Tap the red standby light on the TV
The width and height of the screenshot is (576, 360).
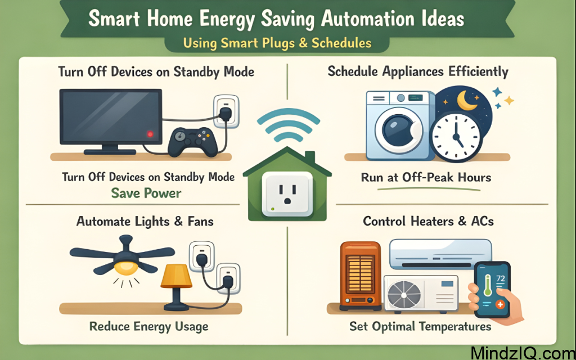pyautogui.click(x=150, y=134)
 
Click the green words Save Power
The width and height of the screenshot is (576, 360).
pyautogui.click(x=146, y=193)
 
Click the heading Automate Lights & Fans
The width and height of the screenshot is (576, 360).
pyautogui.click(x=145, y=221)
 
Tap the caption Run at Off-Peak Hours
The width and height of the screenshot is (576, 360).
pyautogui.click(x=426, y=178)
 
